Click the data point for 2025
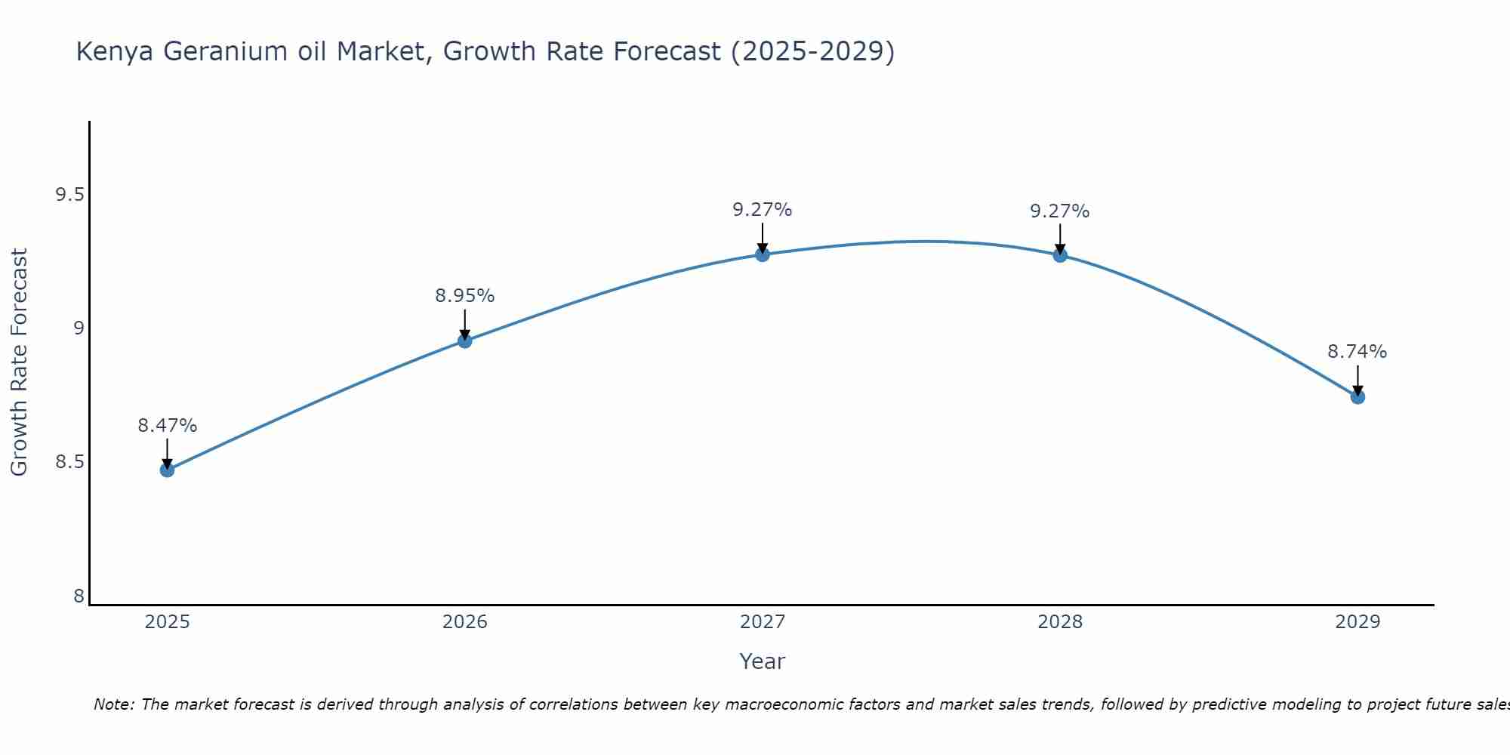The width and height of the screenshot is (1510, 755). click(x=167, y=470)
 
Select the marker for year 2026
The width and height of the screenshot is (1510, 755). click(x=464, y=341)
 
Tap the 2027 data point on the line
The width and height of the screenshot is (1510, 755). click(x=762, y=254)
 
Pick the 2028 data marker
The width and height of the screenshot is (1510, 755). click(x=1060, y=255)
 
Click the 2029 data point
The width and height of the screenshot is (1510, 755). click(x=1357, y=396)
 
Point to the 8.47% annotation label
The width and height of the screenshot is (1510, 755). click(x=167, y=426)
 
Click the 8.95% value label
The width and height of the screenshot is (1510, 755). click(x=464, y=296)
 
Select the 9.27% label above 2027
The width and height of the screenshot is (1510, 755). click(x=762, y=210)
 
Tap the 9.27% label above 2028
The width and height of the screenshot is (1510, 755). click(x=1060, y=211)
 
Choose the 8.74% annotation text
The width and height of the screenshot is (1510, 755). click(x=1357, y=352)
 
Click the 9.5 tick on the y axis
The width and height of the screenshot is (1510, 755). click(x=69, y=195)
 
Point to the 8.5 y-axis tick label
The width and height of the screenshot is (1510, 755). click(x=69, y=461)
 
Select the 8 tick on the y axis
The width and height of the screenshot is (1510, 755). click(x=79, y=596)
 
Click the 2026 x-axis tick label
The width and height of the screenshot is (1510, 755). click(x=464, y=622)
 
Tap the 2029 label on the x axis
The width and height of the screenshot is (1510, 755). click(x=1357, y=622)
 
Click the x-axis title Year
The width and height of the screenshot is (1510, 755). click(x=762, y=661)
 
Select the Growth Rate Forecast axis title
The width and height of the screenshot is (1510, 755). click(x=19, y=362)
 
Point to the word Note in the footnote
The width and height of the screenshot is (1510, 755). click(x=113, y=704)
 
